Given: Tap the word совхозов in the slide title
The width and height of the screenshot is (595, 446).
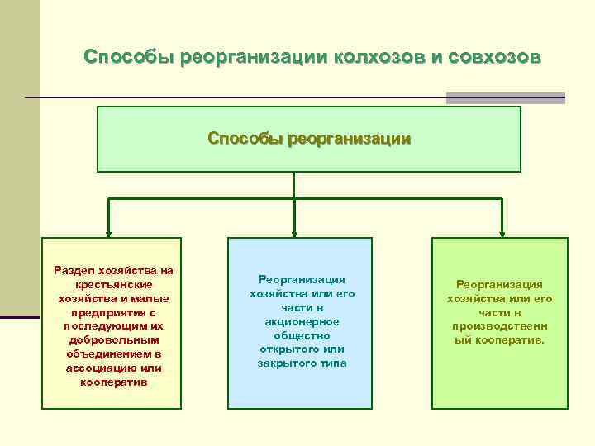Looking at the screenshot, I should (494, 57).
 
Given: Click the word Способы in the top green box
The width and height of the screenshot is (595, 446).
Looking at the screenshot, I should (245, 139).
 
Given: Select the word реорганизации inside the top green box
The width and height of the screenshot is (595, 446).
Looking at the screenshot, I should (349, 139).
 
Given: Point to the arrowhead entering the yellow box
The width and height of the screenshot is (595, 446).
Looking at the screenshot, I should (107, 232).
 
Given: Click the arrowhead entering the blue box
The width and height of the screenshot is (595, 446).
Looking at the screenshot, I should (295, 232).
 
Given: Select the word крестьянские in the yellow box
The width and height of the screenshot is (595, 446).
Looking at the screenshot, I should (112, 284).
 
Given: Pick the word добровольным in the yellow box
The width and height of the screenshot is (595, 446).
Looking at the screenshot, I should (112, 340).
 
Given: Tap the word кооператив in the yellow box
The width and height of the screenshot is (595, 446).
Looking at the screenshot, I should (112, 382).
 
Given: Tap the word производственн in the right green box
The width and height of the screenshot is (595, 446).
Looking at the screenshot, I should (500, 326).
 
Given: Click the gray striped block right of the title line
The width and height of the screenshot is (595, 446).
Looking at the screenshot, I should (505, 97).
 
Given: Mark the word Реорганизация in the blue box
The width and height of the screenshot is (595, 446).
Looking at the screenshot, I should (302, 280).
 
